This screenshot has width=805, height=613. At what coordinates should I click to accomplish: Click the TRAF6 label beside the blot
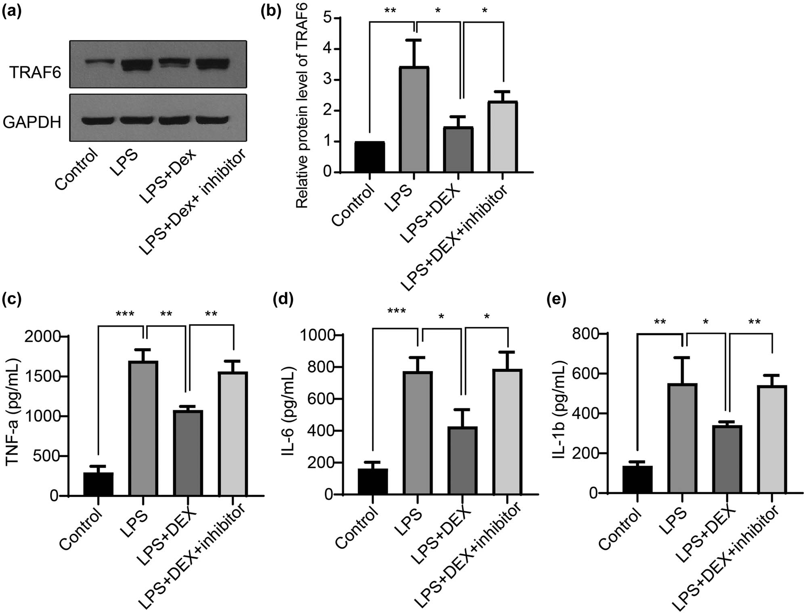click(x=35, y=73)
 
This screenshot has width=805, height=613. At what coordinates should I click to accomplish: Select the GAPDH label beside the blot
click(x=32, y=122)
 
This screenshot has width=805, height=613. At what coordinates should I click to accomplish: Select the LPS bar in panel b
click(x=414, y=119)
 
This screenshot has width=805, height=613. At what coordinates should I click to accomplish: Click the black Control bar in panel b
click(x=369, y=157)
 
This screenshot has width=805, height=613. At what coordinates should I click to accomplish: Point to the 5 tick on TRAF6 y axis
click(x=328, y=18)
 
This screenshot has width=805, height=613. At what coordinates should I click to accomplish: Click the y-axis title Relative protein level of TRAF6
click(x=302, y=105)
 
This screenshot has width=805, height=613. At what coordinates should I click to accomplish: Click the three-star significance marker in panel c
click(x=125, y=314)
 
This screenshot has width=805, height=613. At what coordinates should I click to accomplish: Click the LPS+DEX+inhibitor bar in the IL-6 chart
click(x=508, y=432)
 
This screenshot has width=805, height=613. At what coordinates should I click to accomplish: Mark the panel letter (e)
click(x=556, y=299)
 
